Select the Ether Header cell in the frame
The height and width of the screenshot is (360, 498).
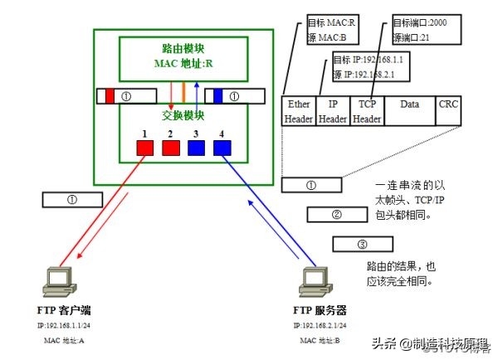pos(298,111)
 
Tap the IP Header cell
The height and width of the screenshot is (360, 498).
pos(333,111)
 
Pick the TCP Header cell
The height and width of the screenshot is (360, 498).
pos(366,111)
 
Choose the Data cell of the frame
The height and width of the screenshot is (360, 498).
pos(409,111)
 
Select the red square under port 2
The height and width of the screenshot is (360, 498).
pos(171,148)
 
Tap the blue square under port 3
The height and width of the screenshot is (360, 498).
pos(196,148)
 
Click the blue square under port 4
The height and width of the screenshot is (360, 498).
pos(222,148)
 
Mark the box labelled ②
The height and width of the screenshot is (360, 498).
pos(337,215)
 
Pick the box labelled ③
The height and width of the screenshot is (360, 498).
pos(362,244)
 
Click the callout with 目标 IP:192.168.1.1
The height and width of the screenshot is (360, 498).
pos(357,66)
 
